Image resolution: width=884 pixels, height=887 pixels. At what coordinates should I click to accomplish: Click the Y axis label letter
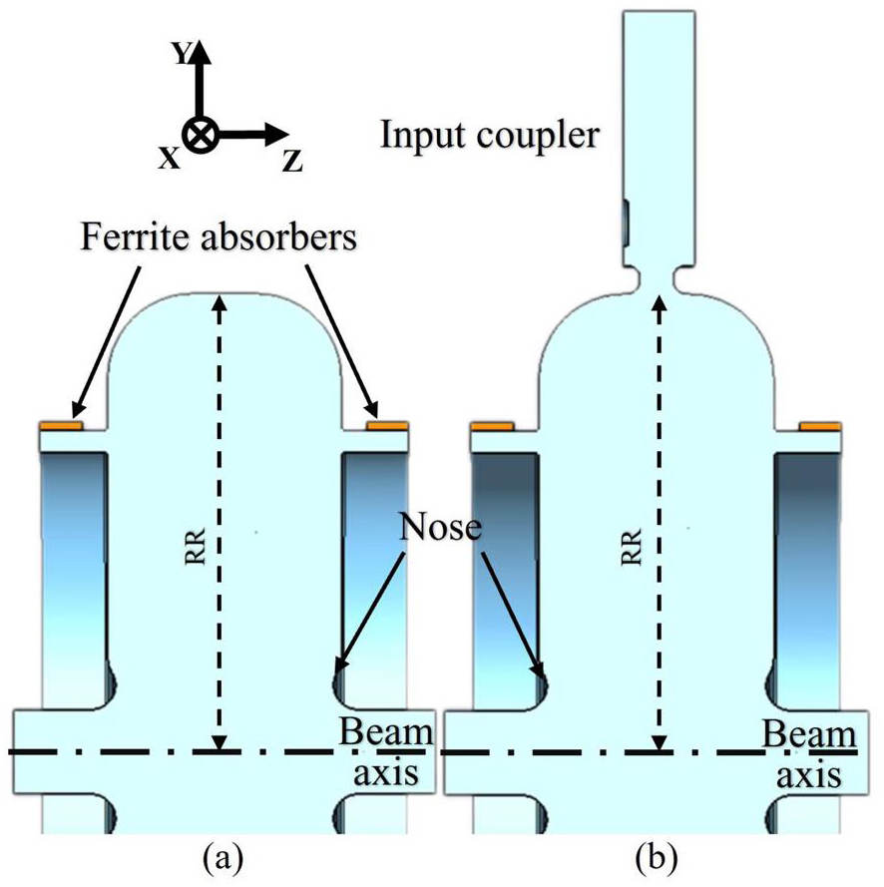(x=183, y=53)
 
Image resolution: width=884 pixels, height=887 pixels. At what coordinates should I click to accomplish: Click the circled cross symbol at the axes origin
(x=200, y=136)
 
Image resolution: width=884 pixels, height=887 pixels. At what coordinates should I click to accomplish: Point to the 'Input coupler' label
(x=489, y=136)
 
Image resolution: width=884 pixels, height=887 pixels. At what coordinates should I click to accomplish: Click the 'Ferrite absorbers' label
(x=220, y=236)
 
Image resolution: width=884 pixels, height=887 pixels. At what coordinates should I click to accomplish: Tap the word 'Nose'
(x=441, y=527)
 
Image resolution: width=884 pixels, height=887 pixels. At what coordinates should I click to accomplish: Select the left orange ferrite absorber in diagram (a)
(x=61, y=425)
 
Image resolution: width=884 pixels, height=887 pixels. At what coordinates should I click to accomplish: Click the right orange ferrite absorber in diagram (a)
(x=387, y=425)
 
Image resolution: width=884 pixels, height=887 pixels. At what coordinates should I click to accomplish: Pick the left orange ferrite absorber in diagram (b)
(x=493, y=425)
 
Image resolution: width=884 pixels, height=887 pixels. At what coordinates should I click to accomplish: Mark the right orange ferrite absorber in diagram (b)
(x=819, y=425)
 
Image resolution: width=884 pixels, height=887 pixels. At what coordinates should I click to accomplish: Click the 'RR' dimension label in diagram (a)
(x=195, y=546)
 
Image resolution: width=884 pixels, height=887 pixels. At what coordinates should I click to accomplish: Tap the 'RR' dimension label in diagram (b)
(x=632, y=547)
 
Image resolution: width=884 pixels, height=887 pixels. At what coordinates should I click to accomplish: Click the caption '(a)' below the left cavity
(x=223, y=858)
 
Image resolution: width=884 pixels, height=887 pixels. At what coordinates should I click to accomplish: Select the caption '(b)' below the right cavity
(x=657, y=858)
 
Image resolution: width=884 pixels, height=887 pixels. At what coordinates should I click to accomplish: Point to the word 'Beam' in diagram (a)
(x=386, y=731)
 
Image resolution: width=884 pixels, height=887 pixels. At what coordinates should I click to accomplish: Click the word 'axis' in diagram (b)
(x=808, y=775)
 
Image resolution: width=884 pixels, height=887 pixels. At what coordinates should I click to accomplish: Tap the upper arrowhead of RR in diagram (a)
(x=220, y=302)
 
